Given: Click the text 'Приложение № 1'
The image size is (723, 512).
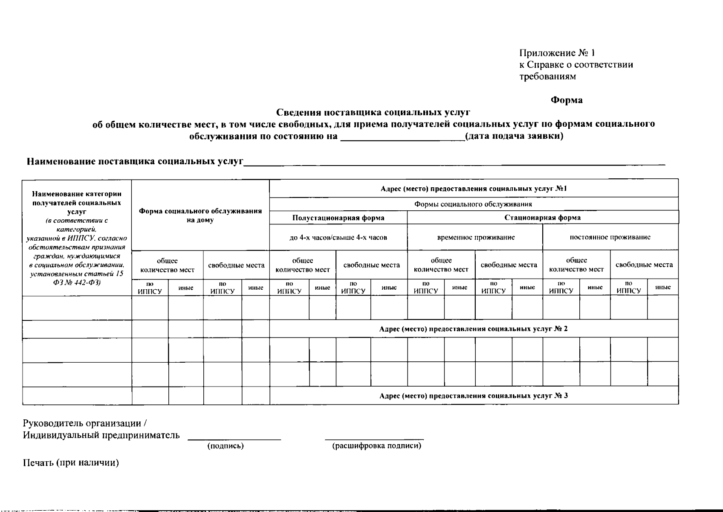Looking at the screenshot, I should pyautogui.click(x=557, y=53).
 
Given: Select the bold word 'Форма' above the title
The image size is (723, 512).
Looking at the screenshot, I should pyautogui.click(x=566, y=100).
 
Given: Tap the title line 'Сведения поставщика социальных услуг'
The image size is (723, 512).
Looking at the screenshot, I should pyautogui.click(x=373, y=112).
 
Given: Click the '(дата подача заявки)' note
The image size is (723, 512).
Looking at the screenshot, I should pyautogui.click(x=514, y=136).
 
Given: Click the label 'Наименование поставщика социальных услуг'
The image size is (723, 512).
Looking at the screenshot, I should pyautogui.click(x=135, y=162).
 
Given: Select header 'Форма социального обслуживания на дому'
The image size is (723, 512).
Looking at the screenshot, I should pyautogui.click(x=200, y=215).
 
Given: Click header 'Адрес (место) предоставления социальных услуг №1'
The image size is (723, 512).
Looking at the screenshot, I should pyautogui.click(x=474, y=189).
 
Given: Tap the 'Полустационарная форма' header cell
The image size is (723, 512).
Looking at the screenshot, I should pyautogui.click(x=338, y=218).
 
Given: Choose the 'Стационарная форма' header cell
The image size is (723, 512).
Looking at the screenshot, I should pyautogui.click(x=542, y=218).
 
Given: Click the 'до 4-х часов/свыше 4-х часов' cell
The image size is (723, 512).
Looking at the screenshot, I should pyautogui.click(x=338, y=237).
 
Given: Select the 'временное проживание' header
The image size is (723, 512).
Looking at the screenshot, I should pyautogui.click(x=476, y=237).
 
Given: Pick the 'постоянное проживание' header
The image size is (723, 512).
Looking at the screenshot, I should pyautogui.click(x=610, y=237).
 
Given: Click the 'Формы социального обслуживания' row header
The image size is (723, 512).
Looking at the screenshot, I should pyautogui.click(x=473, y=204).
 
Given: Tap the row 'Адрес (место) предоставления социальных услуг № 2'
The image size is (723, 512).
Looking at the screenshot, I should pyautogui.click(x=473, y=329).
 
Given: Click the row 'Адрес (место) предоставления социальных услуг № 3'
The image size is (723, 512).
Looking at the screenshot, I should pyautogui.click(x=473, y=396).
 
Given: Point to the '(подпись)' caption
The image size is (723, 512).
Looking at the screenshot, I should pyautogui.click(x=226, y=446).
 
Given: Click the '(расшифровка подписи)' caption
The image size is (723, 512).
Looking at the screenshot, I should pyautogui.click(x=376, y=446).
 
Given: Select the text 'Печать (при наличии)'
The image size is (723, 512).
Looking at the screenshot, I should pyautogui.click(x=71, y=463).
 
